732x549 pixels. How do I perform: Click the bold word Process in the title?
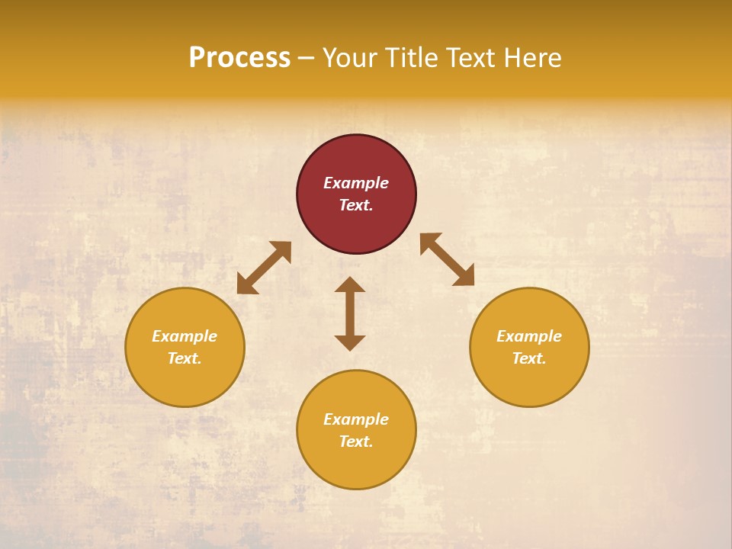pyautogui.click(x=239, y=58)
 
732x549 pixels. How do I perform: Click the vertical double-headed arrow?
pyautogui.click(x=350, y=313)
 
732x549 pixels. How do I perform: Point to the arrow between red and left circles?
pyautogui.click(x=264, y=268)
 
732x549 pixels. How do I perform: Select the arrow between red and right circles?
pyautogui.click(x=447, y=259)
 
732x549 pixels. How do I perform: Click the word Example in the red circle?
pyautogui.click(x=356, y=183)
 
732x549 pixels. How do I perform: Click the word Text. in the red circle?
pyautogui.click(x=356, y=205)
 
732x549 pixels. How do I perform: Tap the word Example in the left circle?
pyautogui.click(x=185, y=336)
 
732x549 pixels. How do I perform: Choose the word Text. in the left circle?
pyautogui.click(x=185, y=358)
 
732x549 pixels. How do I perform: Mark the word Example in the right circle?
pyautogui.click(x=529, y=336)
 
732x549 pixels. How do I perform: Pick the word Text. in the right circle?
pyautogui.click(x=529, y=358)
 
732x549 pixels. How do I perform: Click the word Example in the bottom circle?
pyautogui.click(x=356, y=419)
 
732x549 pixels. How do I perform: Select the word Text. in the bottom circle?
pyautogui.click(x=356, y=441)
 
